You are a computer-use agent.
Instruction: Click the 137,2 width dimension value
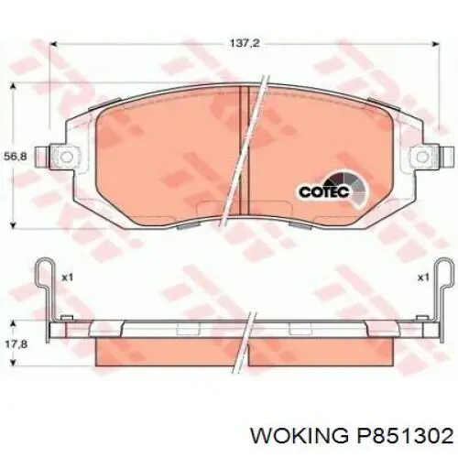(x=245, y=43)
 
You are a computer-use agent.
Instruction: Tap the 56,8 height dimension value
(x=16, y=157)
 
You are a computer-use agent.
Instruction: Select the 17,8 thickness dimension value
(x=16, y=344)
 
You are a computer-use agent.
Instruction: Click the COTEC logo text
(x=324, y=191)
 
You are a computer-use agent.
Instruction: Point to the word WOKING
(x=299, y=435)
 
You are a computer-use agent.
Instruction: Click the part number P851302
(x=405, y=435)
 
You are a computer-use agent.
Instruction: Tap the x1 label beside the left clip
(x=67, y=278)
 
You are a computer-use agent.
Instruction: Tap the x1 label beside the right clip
(x=423, y=278)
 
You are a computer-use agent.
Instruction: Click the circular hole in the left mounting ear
(x=67, y=157)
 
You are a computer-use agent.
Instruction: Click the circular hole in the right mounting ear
(x=422, y=157)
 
